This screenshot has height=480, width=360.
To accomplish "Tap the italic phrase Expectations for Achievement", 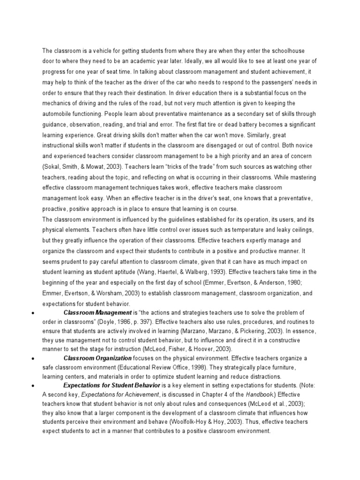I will pyautogui.click(x=121, y=395).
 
